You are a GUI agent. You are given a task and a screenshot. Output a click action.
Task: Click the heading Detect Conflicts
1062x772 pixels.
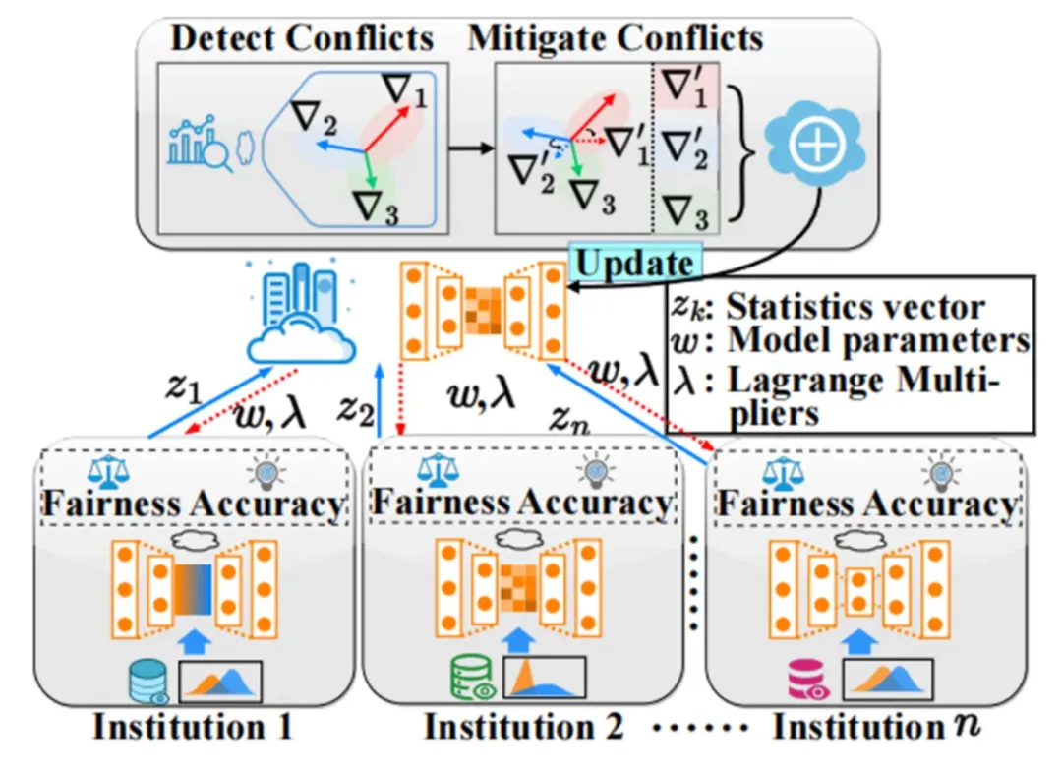(x=302, y=37)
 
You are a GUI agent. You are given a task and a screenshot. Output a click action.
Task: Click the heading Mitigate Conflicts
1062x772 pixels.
(x=617, y=37)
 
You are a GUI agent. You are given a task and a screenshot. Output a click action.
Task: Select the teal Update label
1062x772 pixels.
(x=634, y=263)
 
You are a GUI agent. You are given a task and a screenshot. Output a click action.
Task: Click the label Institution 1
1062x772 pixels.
(x=193, y=728)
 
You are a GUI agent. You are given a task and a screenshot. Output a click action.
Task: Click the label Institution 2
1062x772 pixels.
(x=523, y=728)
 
